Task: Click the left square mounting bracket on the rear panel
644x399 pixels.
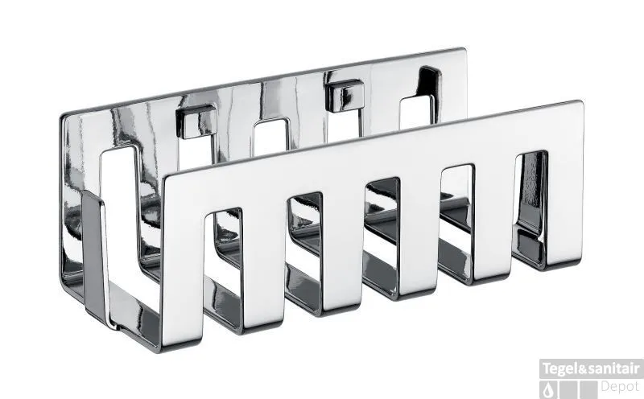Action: (196, 121)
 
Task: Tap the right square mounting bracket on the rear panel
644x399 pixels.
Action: (345, 96)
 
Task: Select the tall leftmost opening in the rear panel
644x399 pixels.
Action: (119, 213)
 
